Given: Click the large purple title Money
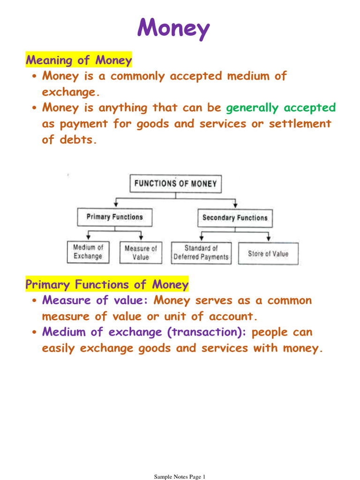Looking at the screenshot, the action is click(x=173, y=28).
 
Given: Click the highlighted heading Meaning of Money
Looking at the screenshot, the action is click(x=79, y=60).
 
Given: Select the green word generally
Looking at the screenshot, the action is click(x=252, y=108).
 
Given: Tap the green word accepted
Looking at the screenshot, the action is click(x=310, y=108).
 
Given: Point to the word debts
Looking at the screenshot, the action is click(x=78, y=140).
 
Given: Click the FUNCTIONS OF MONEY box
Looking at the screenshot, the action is click(x=175, y=184).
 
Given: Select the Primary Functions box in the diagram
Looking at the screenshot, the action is click(x=115, y=217).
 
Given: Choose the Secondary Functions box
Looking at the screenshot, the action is click(x=235, y=218).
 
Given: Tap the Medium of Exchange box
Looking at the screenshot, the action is click(x=88, y=252).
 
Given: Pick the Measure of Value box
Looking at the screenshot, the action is click(x=141, y=253).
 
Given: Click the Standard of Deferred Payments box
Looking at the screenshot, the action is click(x=201, y=253).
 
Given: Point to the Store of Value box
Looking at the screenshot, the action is click(x=268, y=254).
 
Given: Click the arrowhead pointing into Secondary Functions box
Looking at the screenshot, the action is click(x=235, y=206).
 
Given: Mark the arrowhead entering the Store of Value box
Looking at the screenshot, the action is click(x=268, y=238).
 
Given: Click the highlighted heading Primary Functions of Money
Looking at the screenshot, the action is click(x=107, y=284).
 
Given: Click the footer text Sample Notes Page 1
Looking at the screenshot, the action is click(x=180, y=476).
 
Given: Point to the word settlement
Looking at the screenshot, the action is click(x=300, y=124).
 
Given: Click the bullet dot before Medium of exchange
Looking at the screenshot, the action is click(x=34, y=332).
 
